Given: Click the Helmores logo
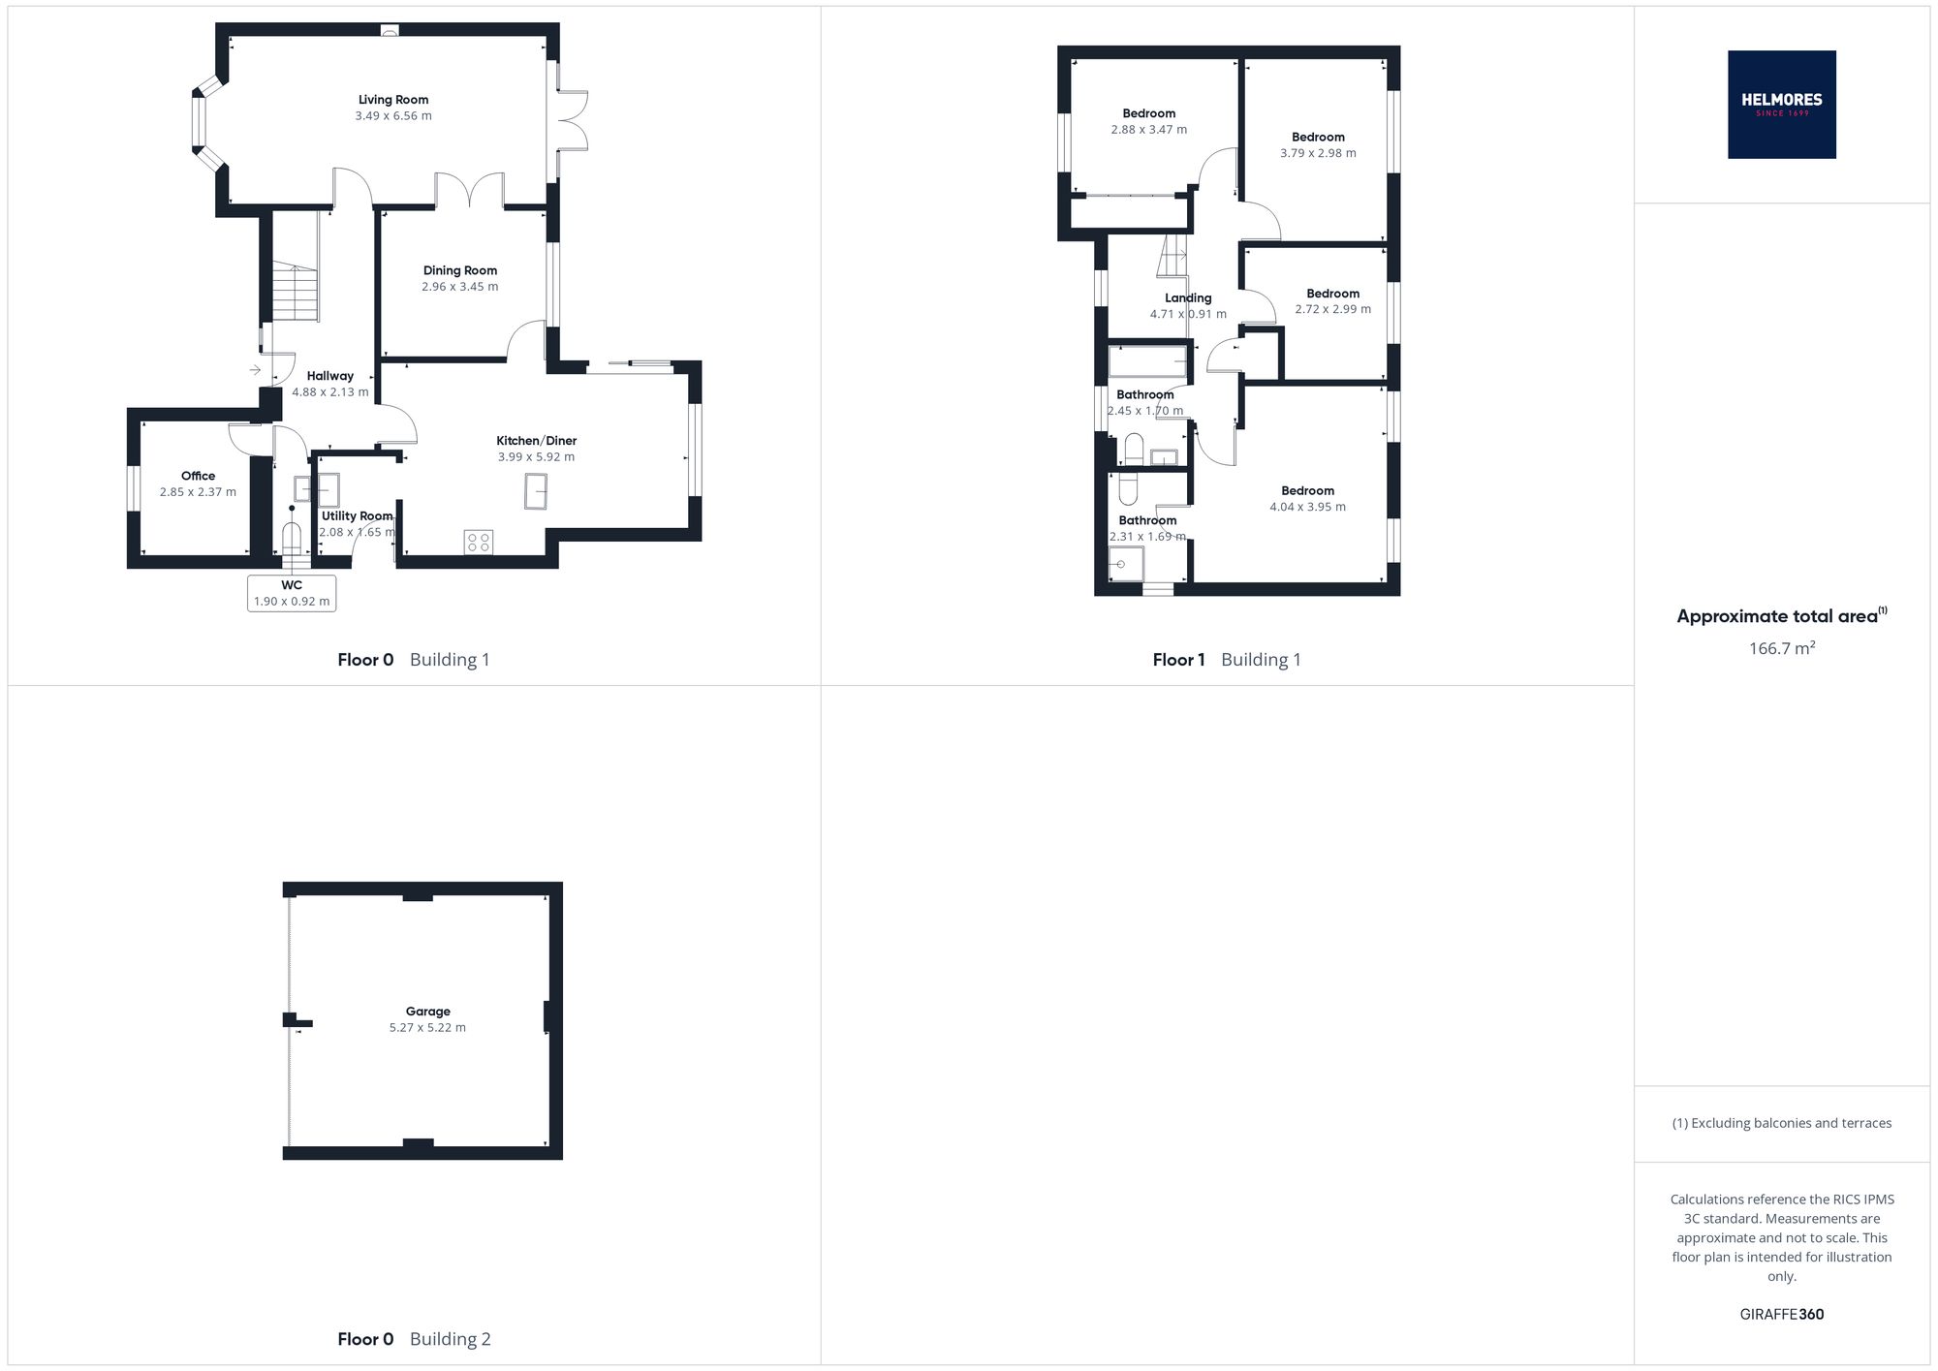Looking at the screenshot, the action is click(x=1781, y=105).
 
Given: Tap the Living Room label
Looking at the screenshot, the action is click(x=393, y=100).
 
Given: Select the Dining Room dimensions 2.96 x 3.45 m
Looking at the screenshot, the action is click(x=460, y=287).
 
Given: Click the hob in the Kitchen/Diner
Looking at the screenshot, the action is click(x=479, y=542).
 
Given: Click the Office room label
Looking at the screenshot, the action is click(x=198, y=476).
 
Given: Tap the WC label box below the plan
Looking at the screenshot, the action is click(x=292, y=593).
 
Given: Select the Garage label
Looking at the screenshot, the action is click(x=427, y=1012).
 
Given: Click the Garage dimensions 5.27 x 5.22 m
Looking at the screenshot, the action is click(x=427, y=1028).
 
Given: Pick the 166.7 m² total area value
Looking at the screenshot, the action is click(x=1781, y=648).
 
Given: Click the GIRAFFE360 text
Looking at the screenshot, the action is click(x=1781, y=1315).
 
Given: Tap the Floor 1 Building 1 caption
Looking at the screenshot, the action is click(x=1227, y=660).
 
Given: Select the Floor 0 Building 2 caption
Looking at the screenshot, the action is click(x=414, y=1339).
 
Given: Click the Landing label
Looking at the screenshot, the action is click(x=1188, y=298).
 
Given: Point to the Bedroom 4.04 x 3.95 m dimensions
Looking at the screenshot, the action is click(x=1307, y=507).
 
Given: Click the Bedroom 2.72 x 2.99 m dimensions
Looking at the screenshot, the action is click(x=1332, y=310).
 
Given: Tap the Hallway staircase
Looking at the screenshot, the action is click(x=295, y=292).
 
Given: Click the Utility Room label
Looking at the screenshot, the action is click(x=357, y=516).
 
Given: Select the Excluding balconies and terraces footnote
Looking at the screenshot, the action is click(x=1781, y=1124).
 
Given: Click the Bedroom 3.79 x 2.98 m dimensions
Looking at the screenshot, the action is click(x=1318, y=153).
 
